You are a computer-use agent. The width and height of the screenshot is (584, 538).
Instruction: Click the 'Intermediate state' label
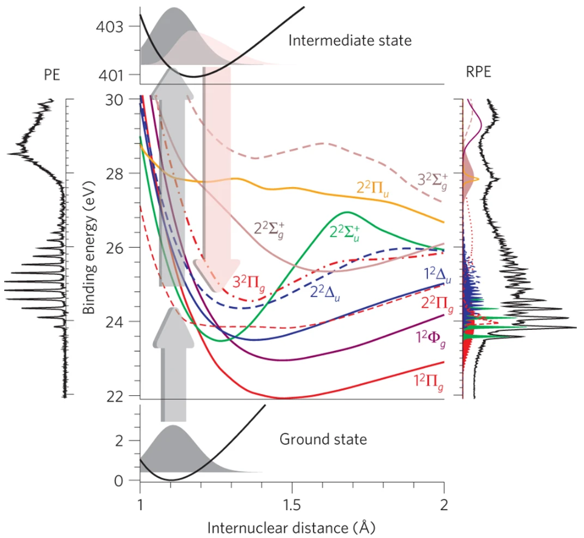point(350,41)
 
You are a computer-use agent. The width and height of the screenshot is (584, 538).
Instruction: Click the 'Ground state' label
point(323,439)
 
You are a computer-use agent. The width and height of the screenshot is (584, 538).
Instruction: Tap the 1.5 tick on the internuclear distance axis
point(292,505)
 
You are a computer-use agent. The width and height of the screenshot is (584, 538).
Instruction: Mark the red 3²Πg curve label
point(249,283)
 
